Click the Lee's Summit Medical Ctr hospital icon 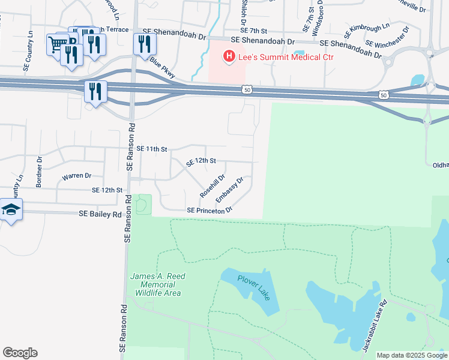point(229,57)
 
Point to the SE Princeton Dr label point(209,211)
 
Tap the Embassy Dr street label point(229,189)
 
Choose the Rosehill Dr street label point(212,187)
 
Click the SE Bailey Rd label point(100,214)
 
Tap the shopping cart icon point(57,44)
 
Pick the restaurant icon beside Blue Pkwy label point(145,44)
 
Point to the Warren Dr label point(76,176)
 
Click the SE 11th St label point(151,148)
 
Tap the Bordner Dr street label point(40,172)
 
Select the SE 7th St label point(253,30)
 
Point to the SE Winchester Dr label point(387,37)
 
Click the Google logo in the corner point(20,353)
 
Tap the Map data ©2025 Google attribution point(412,355)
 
